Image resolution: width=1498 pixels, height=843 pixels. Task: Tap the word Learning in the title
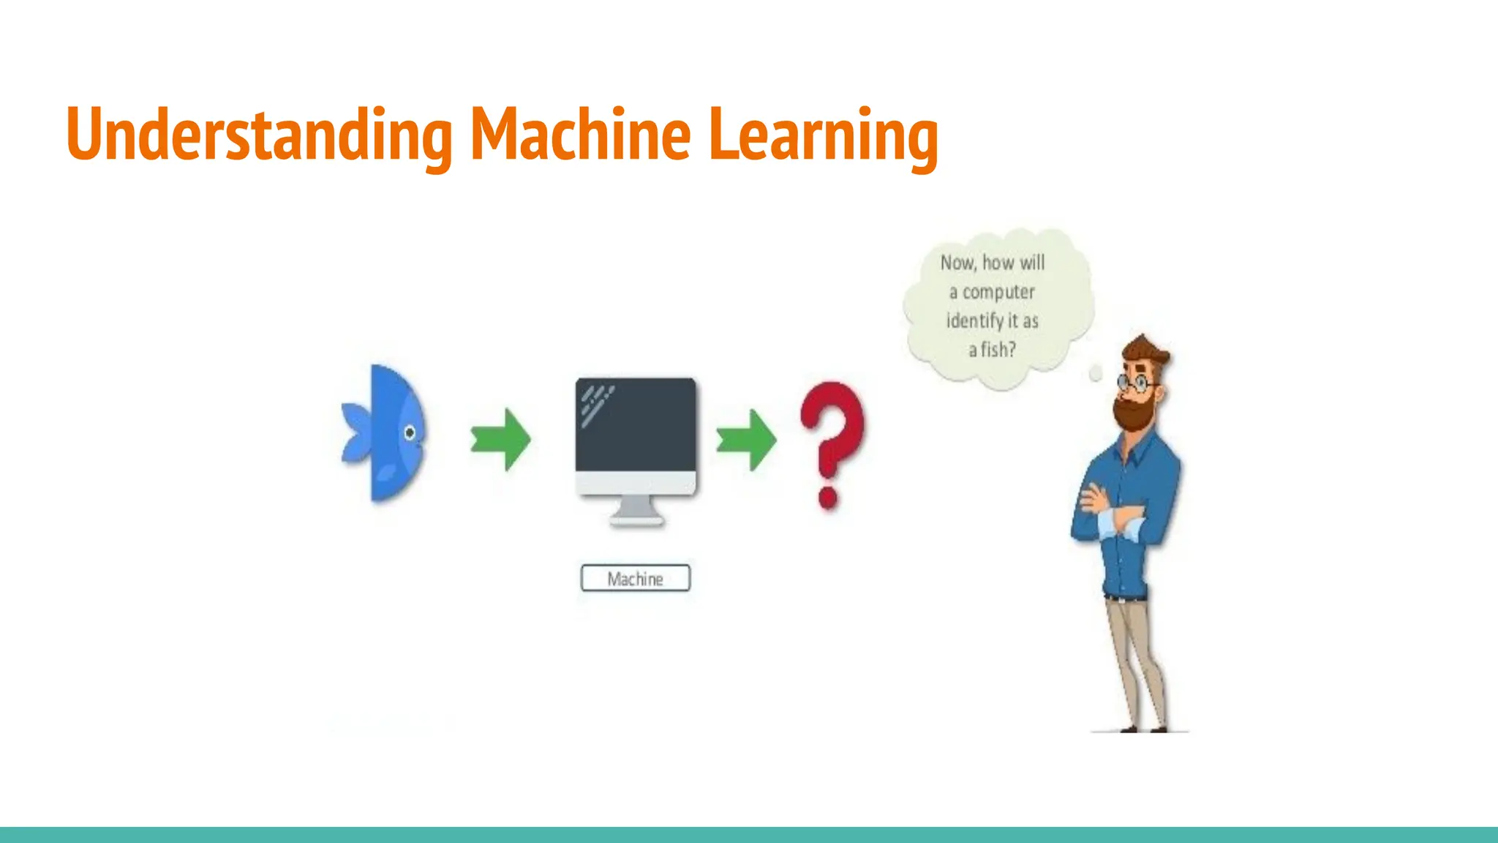click(x=823, y=135)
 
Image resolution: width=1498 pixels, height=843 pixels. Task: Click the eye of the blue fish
click(x=410, y=432)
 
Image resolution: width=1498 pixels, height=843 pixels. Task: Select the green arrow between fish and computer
click(x=501, y=439)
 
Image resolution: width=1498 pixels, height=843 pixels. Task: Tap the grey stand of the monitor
click(x=636, y=510)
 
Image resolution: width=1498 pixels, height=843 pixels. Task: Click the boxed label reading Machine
click(x=635, y=578)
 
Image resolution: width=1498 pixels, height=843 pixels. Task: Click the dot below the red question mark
click(x=828, y=498)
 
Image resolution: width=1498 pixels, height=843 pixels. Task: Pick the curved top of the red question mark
click(x=833, y=410)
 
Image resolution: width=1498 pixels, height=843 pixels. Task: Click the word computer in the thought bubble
click(x=998, y=292)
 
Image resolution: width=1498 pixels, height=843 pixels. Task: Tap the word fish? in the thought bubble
click(x=998, y=350)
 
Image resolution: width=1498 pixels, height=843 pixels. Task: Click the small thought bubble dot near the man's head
click(x=1096, y=374)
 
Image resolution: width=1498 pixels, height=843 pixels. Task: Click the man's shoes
click(x=1141, y=728)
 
